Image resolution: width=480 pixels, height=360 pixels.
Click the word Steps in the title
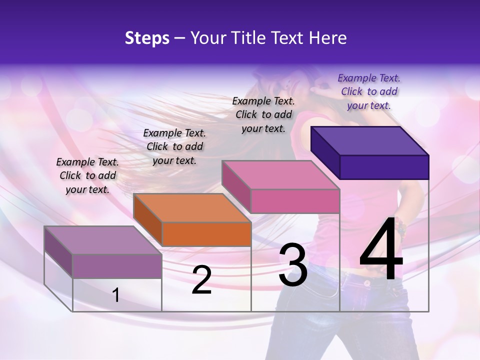coord(147,38)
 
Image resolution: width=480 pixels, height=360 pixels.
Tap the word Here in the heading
coord(327,38)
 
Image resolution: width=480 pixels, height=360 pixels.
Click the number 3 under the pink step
coord(293,264)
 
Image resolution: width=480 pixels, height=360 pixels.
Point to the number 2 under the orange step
coord(201,280)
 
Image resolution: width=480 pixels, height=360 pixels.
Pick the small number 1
coord(116,295)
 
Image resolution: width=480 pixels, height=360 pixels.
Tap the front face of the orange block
coord(206,234)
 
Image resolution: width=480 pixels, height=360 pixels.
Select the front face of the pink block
coord(295,201)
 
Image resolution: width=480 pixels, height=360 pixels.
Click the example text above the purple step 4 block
coord(369,91)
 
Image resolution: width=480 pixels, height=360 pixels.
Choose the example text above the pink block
coord(263,114)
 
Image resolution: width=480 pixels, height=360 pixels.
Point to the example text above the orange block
coord(174,146)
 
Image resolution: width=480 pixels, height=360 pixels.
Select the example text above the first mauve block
coord(87,175)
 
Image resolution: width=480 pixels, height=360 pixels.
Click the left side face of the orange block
coord(148,220)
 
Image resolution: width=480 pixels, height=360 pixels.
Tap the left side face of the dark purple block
coord(325,153)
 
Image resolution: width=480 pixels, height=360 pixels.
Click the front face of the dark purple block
coord(384,167)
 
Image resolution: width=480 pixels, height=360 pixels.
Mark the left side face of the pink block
coord(236,186)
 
